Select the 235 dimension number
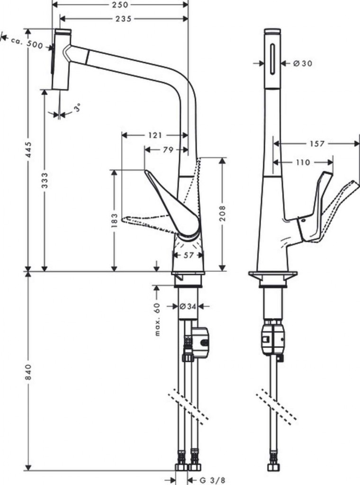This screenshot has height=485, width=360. point(123,18)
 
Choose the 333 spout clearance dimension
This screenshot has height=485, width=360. point(45,180)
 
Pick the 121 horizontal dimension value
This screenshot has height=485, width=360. point(155,135)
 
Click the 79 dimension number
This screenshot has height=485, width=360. point(168,150)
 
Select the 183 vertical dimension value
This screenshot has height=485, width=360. point(114,221)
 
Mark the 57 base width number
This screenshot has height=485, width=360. point(188,254)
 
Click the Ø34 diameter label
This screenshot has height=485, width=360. point(188,306)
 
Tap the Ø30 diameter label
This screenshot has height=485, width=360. point(303,63)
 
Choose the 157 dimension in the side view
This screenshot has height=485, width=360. point(317,144)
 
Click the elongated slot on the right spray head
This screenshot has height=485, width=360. point(272,59)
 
